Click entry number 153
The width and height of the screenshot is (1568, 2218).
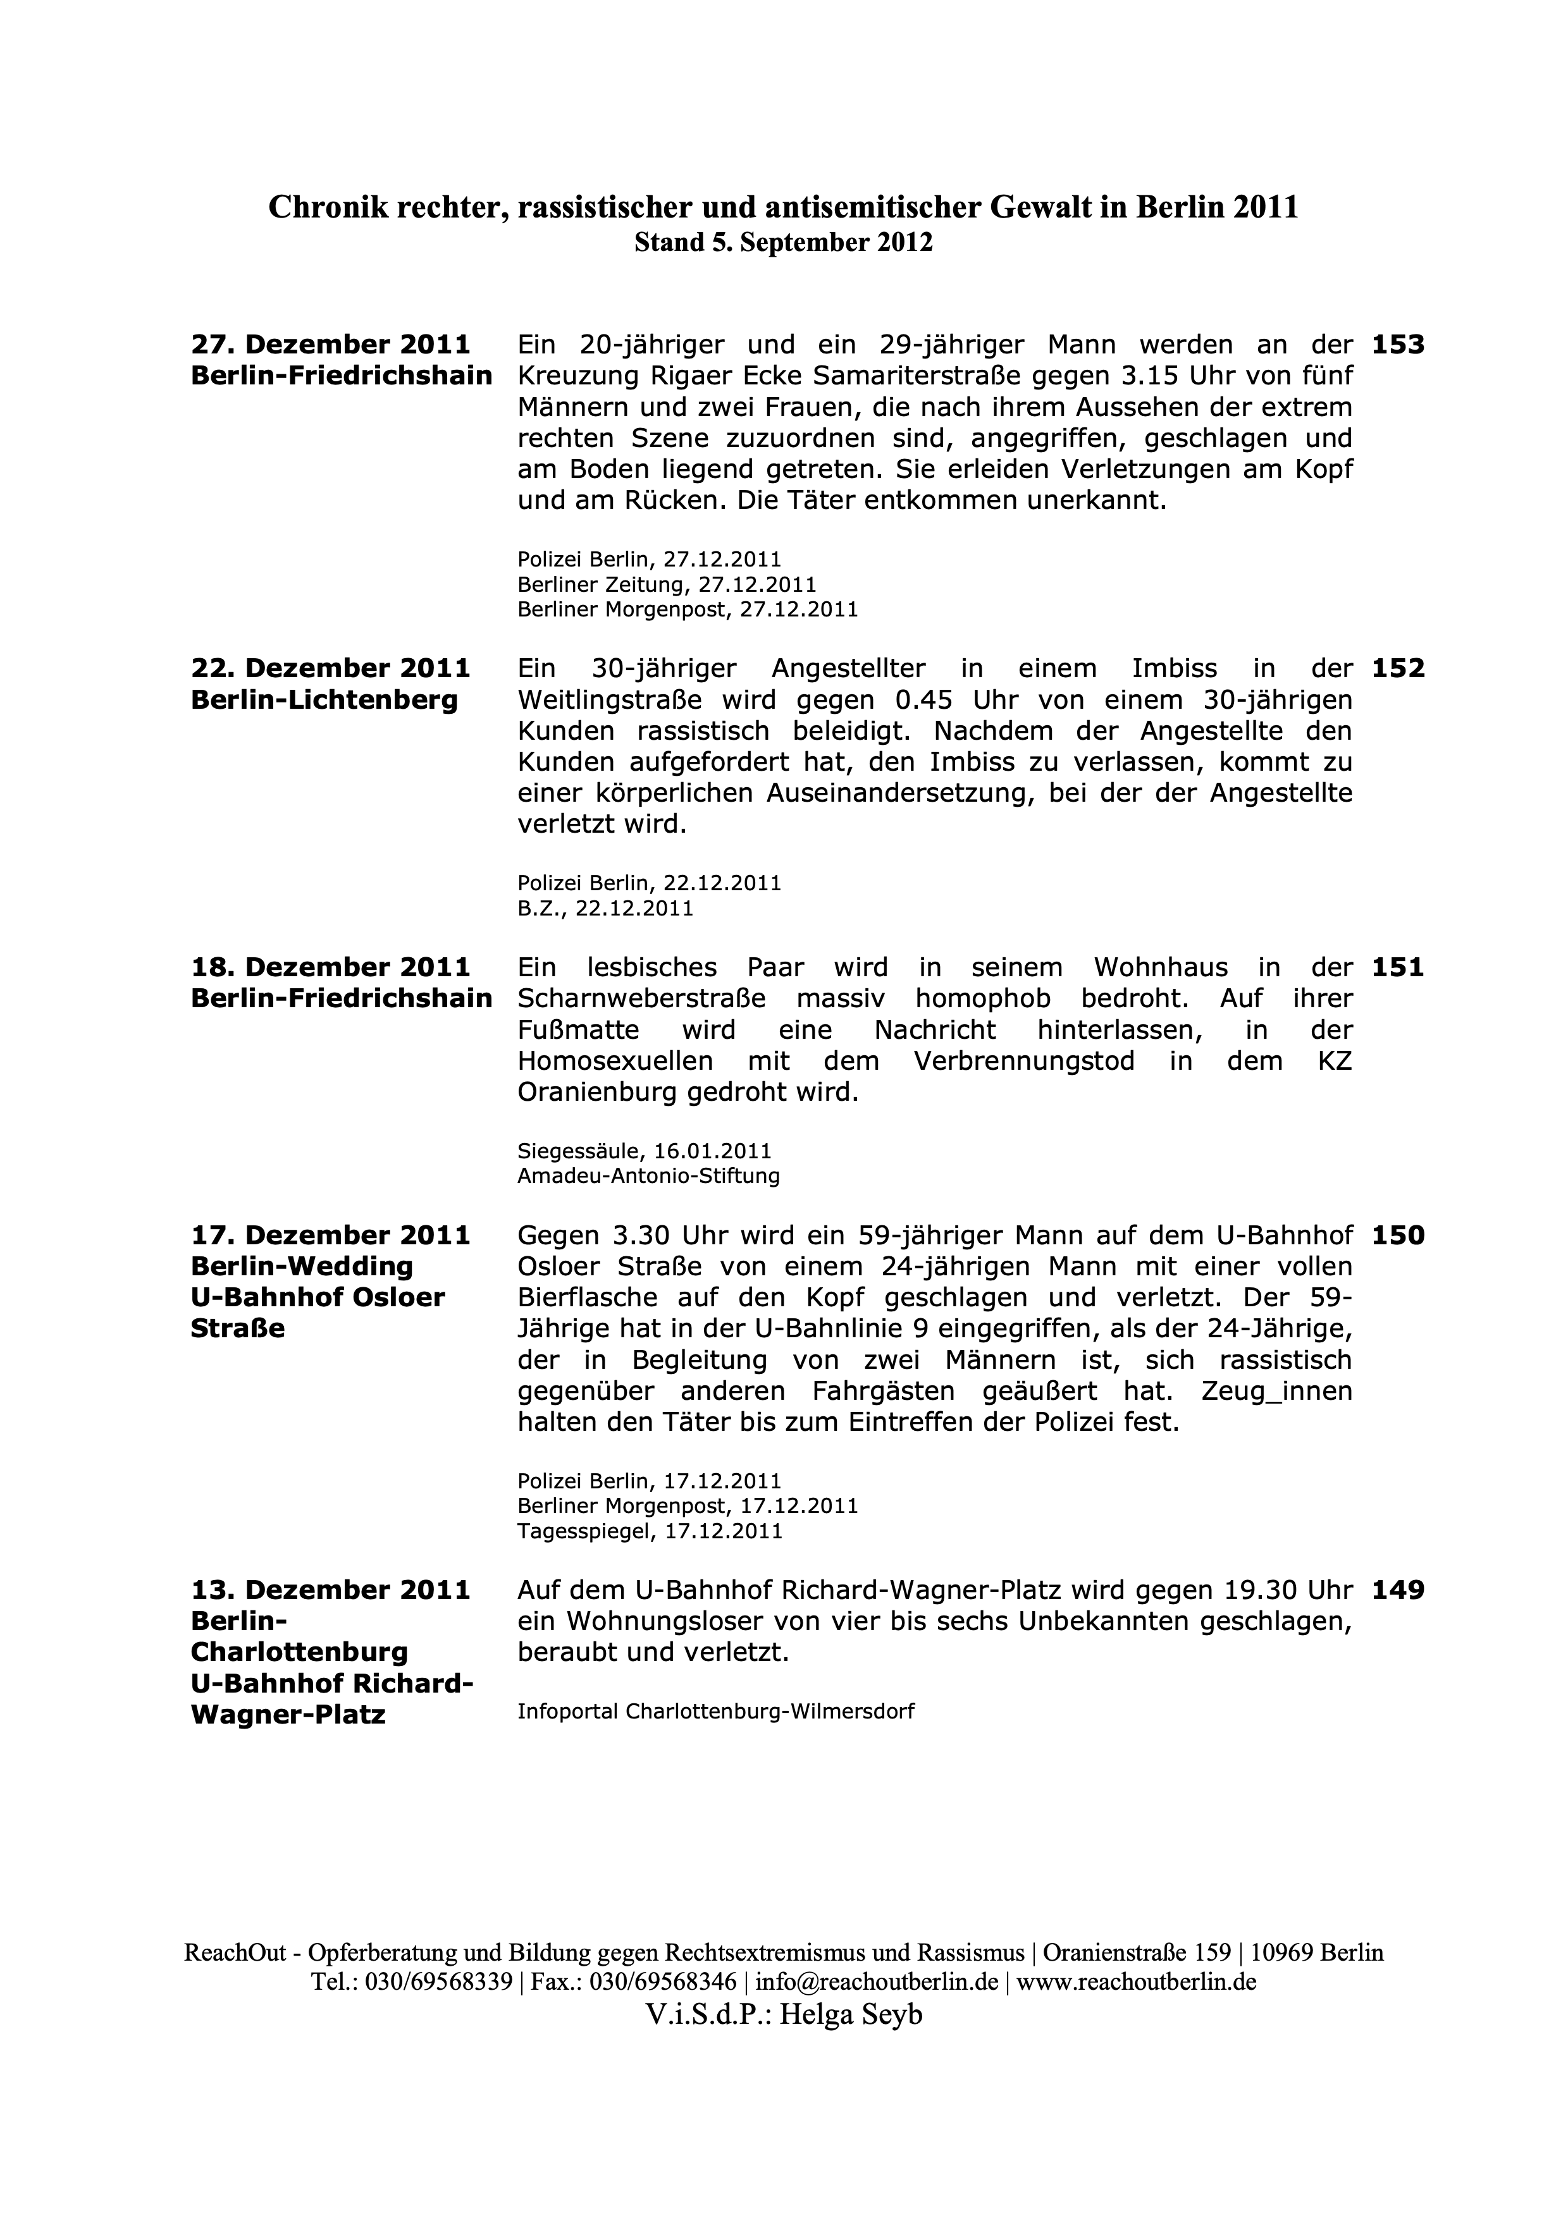pos(1397,345)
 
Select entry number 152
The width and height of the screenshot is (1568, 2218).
pos(1397,668)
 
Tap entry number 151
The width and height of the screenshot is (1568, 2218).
pos(1397,968)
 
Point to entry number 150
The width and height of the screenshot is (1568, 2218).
pos(1397,1235)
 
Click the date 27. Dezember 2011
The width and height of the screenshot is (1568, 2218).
pos(330,345)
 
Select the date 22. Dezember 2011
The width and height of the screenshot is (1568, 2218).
pos(330,668)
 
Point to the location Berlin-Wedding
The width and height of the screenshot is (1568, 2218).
pos(302,1266)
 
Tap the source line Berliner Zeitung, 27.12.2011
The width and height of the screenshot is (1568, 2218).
pos(667,584)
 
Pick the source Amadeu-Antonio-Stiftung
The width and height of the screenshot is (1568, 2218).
pos(648,1175)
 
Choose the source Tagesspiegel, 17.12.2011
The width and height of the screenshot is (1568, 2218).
pos(649,1531)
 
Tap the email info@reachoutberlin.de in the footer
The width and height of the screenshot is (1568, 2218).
pos(876,1982)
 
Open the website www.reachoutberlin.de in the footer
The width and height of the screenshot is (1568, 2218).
pos(1136,1982)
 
